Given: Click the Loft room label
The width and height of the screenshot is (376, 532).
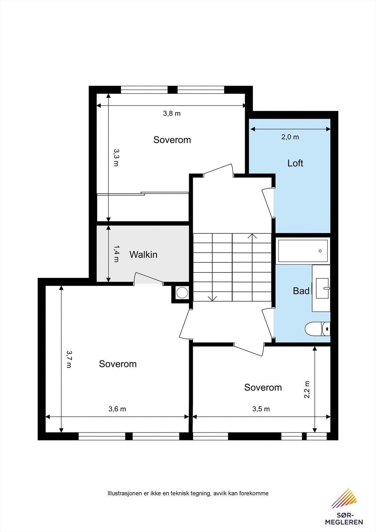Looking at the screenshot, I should (295, 163).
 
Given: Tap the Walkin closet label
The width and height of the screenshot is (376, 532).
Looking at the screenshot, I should (143, 255).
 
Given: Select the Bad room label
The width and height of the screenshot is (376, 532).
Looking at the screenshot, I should (301, 291).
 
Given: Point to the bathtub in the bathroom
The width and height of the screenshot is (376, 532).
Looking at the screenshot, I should (303, 251).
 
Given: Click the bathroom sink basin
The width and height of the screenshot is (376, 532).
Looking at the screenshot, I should (322, 288).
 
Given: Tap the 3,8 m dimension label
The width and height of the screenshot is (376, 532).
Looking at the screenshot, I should (172, 113).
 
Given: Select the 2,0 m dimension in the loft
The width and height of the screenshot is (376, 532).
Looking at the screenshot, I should (290, 137).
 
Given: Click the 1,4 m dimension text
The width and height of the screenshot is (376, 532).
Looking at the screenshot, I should (116, 254).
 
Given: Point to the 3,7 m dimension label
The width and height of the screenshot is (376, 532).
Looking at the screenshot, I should (69, 359).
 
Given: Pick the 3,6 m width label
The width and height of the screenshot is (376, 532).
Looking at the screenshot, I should (117, 409).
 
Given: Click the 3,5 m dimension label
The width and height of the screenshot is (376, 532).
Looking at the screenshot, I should (261, 409).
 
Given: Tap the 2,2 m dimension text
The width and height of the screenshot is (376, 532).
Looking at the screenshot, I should (307, 389).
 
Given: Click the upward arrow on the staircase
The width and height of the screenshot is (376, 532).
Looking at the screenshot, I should (252, 237).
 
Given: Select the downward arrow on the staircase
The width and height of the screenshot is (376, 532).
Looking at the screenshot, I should (212, 298).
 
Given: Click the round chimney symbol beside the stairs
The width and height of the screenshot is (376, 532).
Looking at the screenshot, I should (182, 293).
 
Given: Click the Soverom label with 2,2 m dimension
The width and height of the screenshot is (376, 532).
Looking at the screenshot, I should (263, 387).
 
